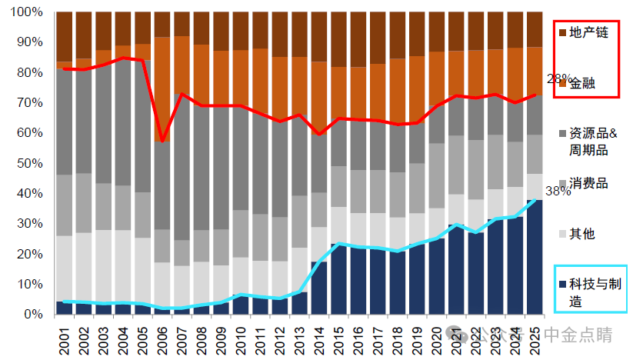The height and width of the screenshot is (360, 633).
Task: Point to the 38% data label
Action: click(558, 192)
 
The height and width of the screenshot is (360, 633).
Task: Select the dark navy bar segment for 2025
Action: click(533, 257)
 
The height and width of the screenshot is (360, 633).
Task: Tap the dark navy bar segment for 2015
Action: click(338, 278)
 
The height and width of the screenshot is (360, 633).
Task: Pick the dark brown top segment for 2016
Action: click(358, 39)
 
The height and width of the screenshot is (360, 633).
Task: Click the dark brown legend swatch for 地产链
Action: click(563, 32)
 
